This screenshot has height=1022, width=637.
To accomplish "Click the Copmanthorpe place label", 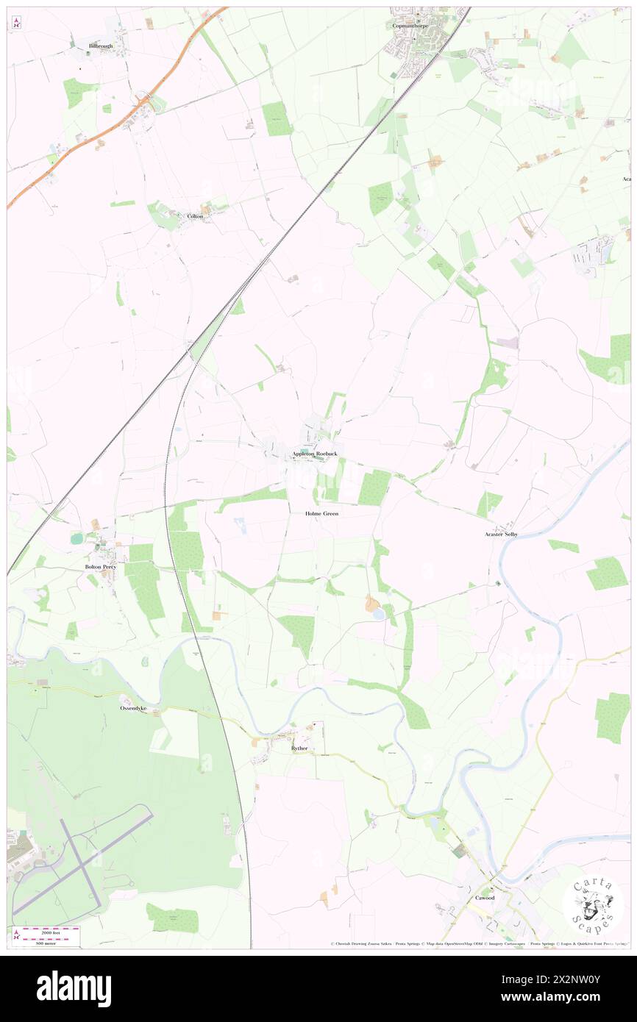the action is click(410, 26).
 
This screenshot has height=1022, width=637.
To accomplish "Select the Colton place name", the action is click(195, 216).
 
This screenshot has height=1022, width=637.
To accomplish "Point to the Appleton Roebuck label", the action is click(315, 454).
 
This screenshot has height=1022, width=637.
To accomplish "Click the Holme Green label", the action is click(321, 513).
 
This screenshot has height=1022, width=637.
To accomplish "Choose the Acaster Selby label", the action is click(501, 534).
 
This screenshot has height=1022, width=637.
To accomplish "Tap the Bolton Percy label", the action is click(100, 567).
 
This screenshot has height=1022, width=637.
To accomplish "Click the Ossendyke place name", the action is click(133, 708).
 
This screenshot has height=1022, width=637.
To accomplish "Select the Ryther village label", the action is click(299, 748).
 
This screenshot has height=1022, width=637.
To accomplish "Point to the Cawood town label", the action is click(484, 898).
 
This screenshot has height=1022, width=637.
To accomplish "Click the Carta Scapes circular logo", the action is click(593, 904).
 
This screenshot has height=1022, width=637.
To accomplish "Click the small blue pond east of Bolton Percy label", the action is click(76, 539).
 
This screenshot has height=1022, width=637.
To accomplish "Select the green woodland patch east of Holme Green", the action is click(374, 487).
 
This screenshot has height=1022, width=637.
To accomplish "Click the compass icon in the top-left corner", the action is click(15, 23).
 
